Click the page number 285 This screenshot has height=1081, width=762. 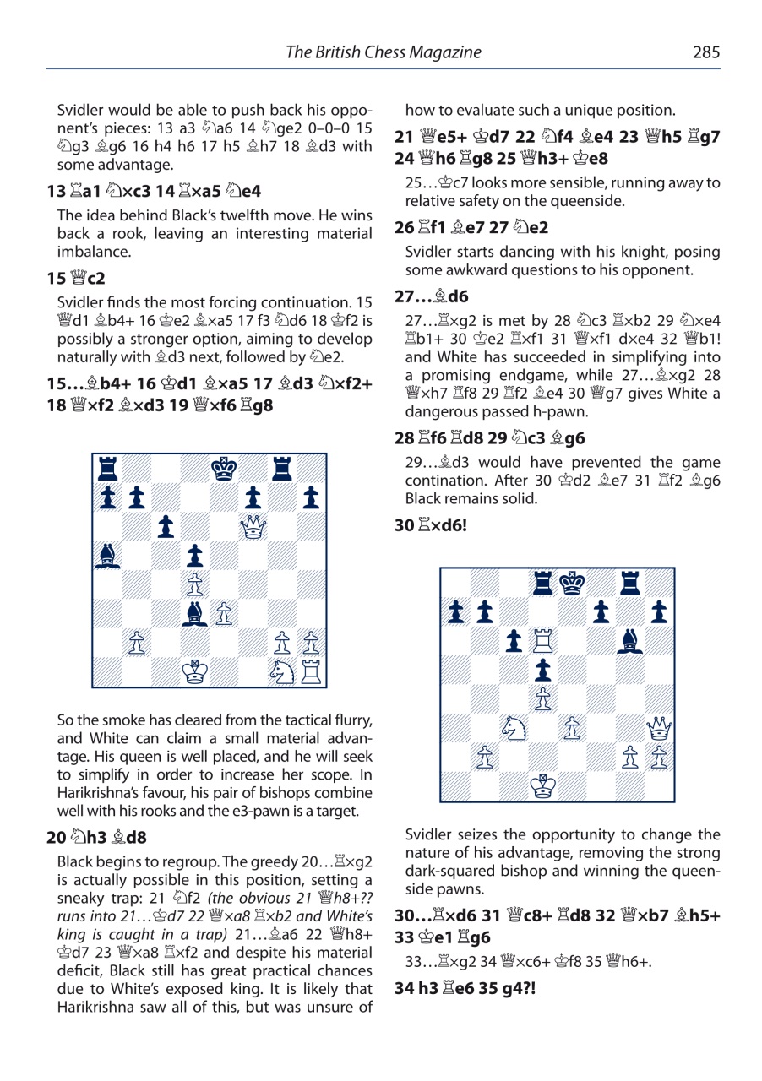point(706,52)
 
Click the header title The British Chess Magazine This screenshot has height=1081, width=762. point(384,52)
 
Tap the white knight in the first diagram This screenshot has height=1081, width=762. point(283,672)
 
